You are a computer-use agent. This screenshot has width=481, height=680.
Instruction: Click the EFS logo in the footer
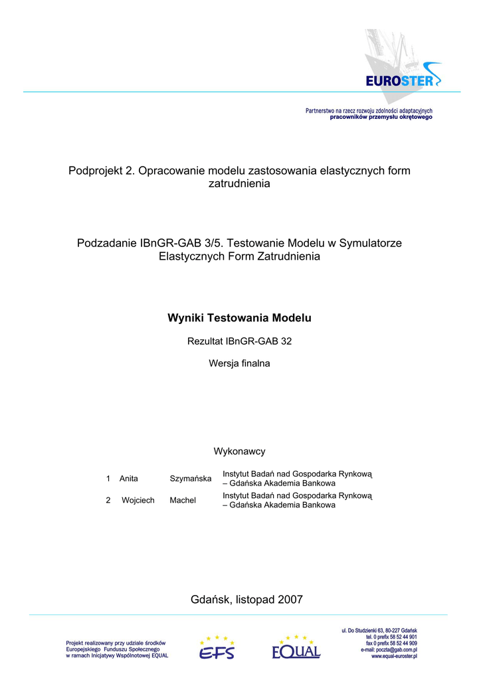tap(217, 648)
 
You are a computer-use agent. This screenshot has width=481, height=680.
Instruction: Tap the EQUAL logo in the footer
tap(296, 648)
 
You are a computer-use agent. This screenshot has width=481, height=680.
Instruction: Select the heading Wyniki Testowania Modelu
tap(239, 318)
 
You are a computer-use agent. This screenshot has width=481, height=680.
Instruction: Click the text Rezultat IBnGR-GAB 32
tap(239, 341)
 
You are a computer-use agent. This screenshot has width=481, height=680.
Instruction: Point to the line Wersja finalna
tap(239, 363)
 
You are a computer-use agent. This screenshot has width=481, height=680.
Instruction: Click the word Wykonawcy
tap(239, 452)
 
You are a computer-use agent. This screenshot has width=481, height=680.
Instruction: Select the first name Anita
tap(129, 479)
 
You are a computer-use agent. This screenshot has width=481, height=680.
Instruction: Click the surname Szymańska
tap(191, 479)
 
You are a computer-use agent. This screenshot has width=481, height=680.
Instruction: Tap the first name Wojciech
tap(138, 500)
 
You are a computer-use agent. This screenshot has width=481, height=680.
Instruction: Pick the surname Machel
tap(183, 500)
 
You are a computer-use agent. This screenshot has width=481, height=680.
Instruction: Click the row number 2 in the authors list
tap(108, 500)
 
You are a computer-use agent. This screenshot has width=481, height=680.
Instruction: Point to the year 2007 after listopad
tap(290, 600)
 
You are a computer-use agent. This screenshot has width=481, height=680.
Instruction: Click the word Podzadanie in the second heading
tap(106, 243)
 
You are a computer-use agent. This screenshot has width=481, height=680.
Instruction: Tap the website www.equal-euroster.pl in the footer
tap(394, 656)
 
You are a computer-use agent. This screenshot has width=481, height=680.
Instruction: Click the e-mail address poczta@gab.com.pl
tap(396, 649)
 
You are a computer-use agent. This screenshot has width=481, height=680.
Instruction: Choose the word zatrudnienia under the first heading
tap(239, 183)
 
